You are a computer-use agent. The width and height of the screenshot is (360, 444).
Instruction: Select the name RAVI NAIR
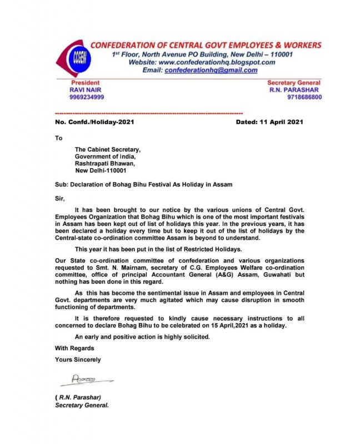[x=86, y=89]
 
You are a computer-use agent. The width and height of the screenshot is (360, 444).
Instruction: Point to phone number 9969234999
[x=87, y=97]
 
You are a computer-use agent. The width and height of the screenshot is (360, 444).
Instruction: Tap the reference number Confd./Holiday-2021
[x=102, y=122]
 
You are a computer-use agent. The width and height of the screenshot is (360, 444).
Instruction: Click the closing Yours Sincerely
[x=78, y=360]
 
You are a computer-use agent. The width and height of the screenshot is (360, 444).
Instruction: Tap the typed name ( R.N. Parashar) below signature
[x=81, y=397]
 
